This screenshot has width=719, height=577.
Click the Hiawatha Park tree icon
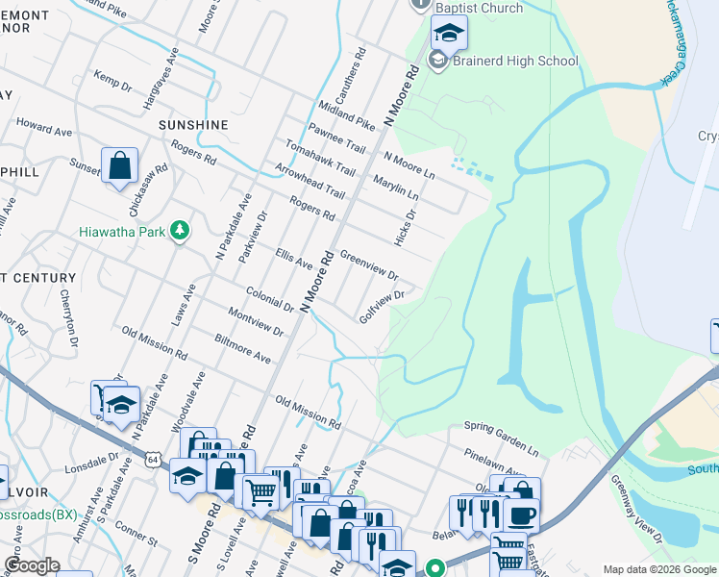[178, 231]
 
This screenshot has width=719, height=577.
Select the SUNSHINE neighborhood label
[193, 125]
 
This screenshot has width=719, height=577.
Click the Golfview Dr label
[381, 310]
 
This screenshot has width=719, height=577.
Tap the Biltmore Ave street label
[243, 348]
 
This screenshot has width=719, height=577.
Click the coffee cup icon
[521, 515]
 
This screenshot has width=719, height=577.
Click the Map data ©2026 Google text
[659, 569]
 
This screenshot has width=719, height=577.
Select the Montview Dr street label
[256, 322]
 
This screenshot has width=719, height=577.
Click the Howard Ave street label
[44, 127]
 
